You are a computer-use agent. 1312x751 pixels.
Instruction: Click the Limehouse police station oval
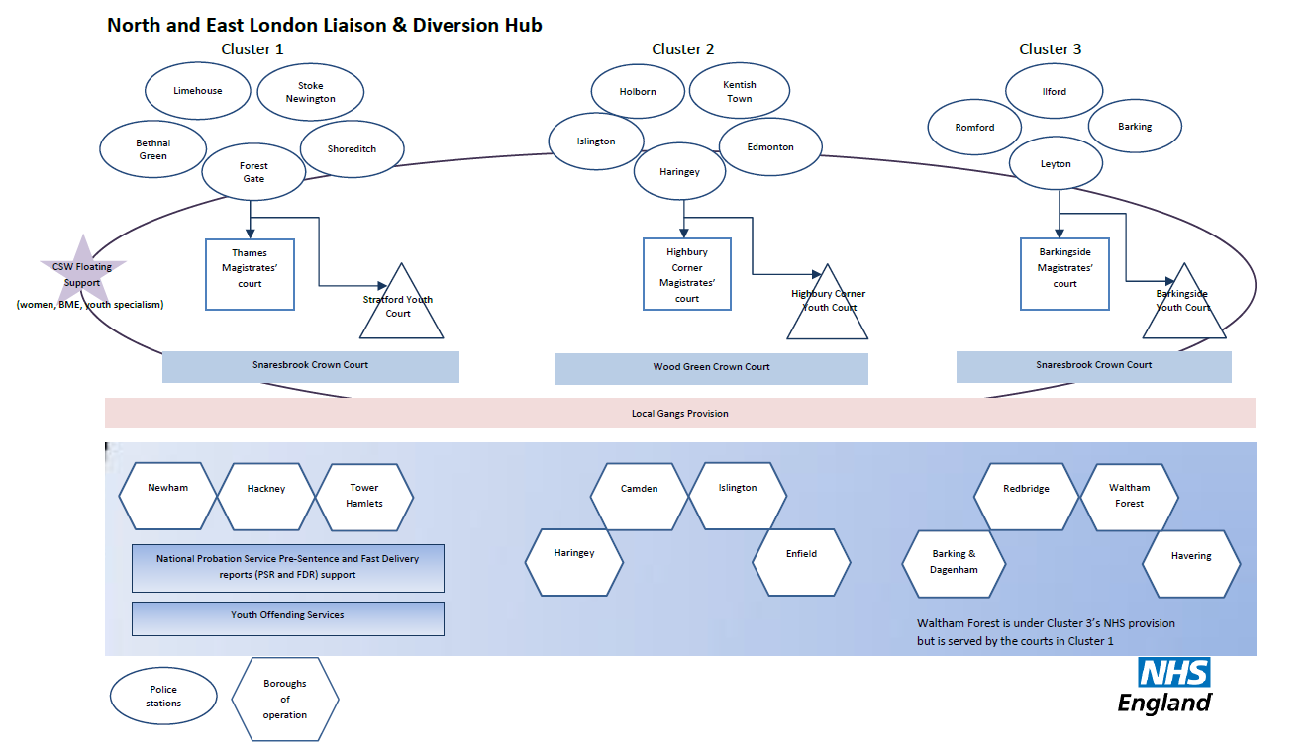click(x=197, y=91)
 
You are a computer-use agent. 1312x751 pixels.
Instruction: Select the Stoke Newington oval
click(x=310, y=92)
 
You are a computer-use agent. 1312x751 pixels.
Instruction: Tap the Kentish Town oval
click(x=739, y=92)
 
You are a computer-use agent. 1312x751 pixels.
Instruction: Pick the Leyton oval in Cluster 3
click(x=1056, y=164)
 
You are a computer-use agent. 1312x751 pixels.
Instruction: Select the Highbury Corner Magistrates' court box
click(x=686, y=274)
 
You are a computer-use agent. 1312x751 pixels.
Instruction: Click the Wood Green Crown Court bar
click(x=711, y=367)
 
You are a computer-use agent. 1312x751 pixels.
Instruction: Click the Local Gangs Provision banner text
click(x=679, y=413)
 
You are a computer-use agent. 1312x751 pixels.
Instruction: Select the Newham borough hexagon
click(x=167, y=488)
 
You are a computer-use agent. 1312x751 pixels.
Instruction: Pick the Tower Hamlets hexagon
click(x=363, y=496)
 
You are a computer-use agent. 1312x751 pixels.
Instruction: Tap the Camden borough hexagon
click(x=639, y=489)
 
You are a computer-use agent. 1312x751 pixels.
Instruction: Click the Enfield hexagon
click(x=801, y=554)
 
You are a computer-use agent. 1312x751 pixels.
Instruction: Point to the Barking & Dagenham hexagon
click(x=953, y=562)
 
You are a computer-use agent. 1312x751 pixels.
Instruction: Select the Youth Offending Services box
click(x=287, y=615)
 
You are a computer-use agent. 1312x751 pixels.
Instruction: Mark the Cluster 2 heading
click(x=682, y=49)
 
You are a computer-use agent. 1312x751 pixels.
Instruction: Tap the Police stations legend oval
click(x=163, y=696)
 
